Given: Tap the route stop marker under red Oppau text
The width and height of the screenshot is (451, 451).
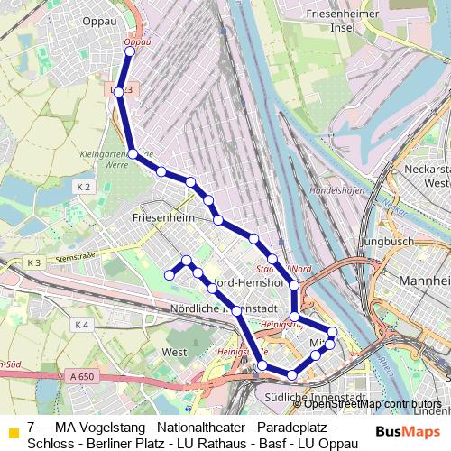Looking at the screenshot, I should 129,51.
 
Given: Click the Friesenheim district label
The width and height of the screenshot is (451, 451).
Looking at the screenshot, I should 162,218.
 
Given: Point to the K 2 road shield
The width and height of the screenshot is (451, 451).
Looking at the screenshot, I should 84,187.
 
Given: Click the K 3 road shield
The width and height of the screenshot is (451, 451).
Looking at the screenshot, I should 34,262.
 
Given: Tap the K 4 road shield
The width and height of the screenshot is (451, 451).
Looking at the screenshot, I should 81,325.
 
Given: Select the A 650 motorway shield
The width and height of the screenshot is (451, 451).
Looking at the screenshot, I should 80,376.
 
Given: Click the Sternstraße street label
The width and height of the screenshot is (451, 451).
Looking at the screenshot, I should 76,258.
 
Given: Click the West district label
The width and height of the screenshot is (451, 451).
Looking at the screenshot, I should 174,352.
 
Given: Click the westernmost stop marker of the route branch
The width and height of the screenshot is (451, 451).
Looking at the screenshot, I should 169,274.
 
